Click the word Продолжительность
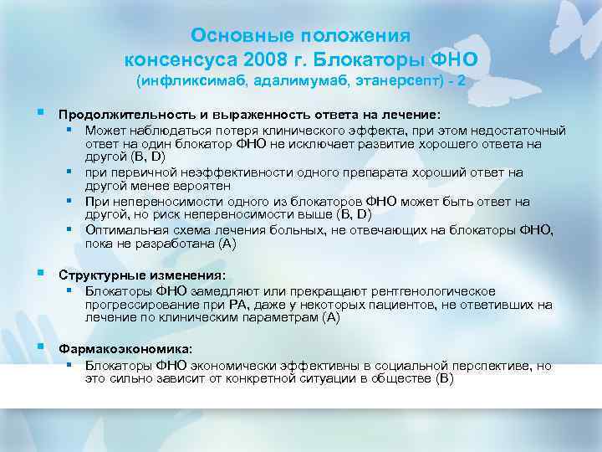pyautogui.click(x=121, y=114)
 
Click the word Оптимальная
pyautogui.click(x=124, y=230)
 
